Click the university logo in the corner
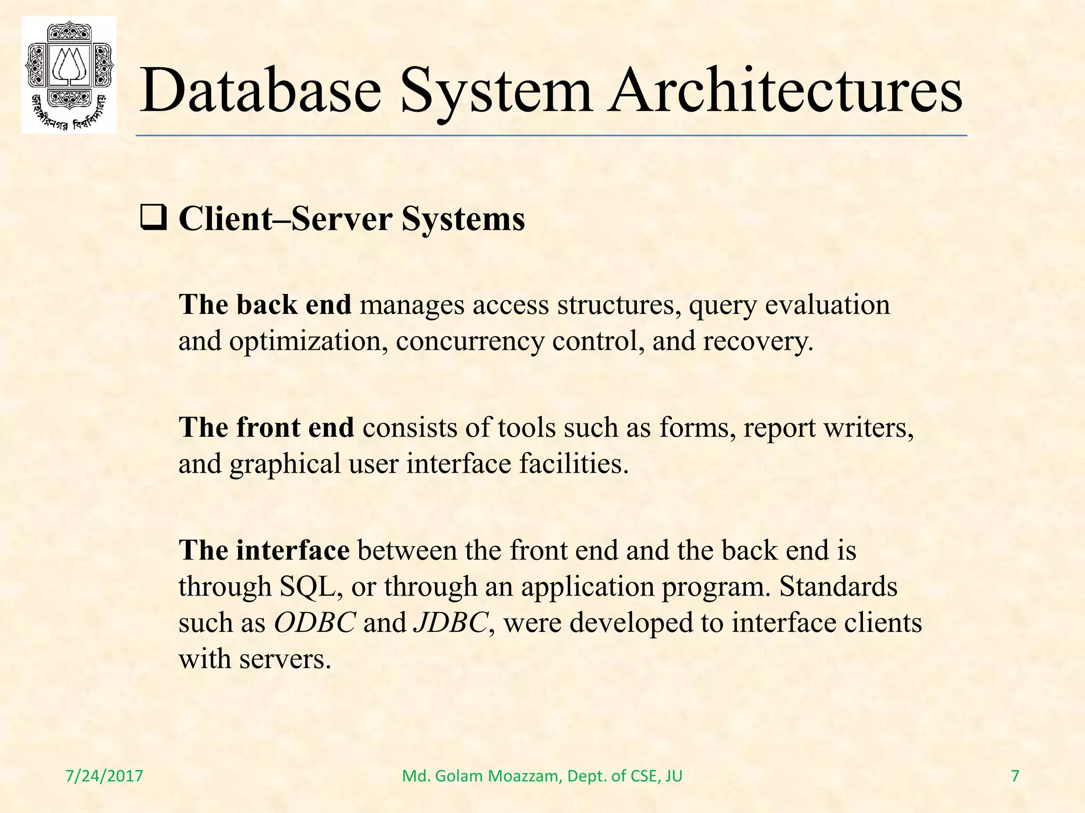69,75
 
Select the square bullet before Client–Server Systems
154,218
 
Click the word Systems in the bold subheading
463,219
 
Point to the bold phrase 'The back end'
265,305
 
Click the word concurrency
469,341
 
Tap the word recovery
758,341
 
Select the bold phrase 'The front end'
266,428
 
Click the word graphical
285,464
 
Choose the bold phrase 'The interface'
264,550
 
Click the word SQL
310,586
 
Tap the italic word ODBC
315,622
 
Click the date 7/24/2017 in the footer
104,776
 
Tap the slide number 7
1015,776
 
